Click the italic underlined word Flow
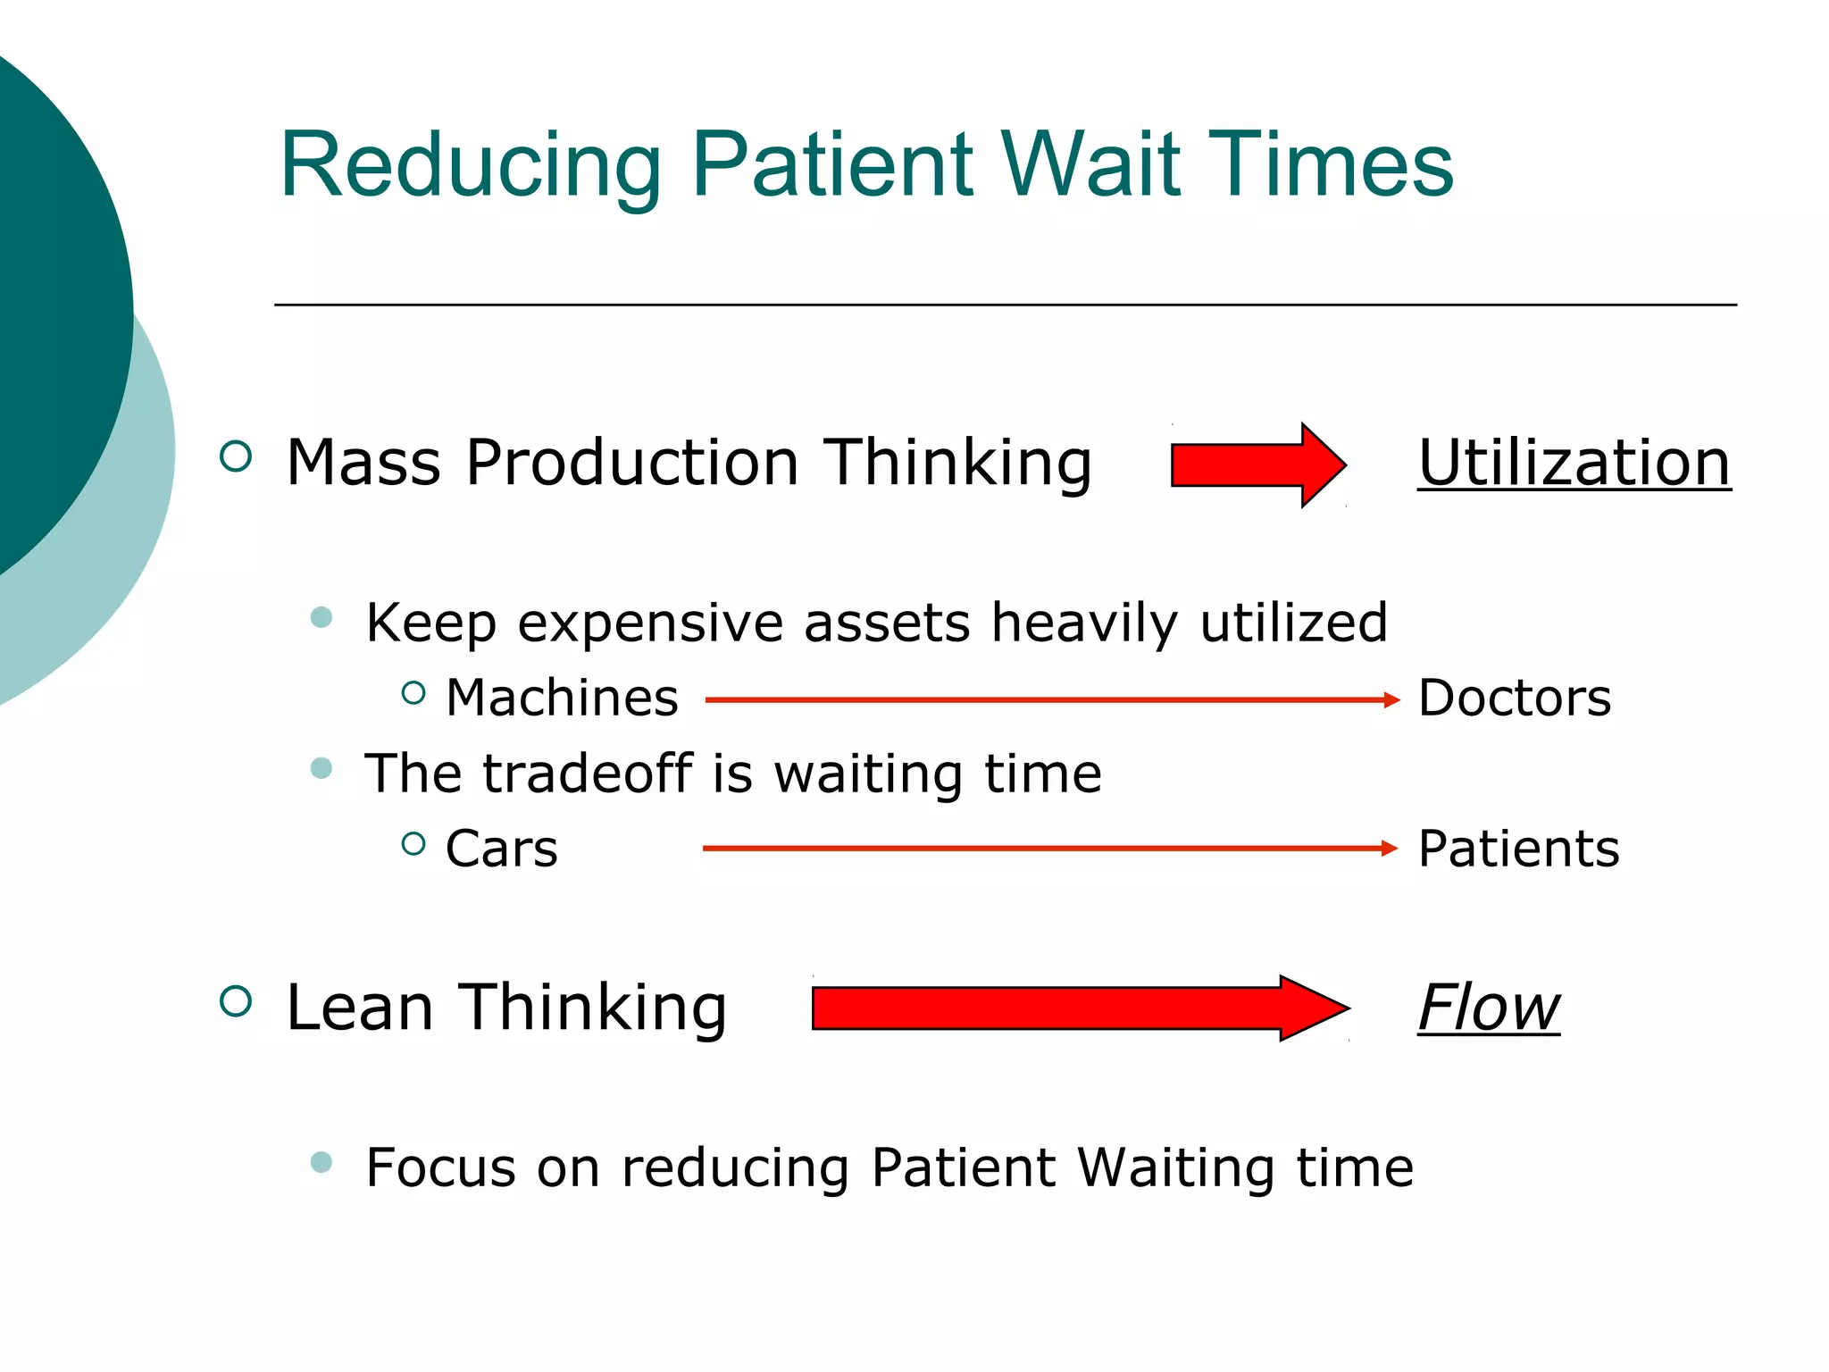(1488, 1008)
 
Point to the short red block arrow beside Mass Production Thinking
(1257, 465)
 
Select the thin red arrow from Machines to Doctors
(1051, 700)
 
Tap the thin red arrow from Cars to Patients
(1049, 849)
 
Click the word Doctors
(1514, 698)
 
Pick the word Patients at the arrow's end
(1518, 849)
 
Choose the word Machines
(562, 698)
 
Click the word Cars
(501, 849)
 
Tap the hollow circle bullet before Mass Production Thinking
(236, 456)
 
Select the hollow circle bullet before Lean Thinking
(236, 1001)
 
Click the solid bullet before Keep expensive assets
(322, 617)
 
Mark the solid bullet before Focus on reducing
(322, 1162)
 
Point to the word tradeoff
(588, 773)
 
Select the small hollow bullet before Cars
(413, 843)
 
